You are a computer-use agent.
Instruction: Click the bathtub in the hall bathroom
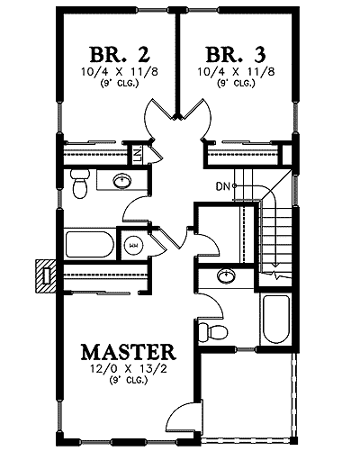pyautogui.click(x=88, y=244)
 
